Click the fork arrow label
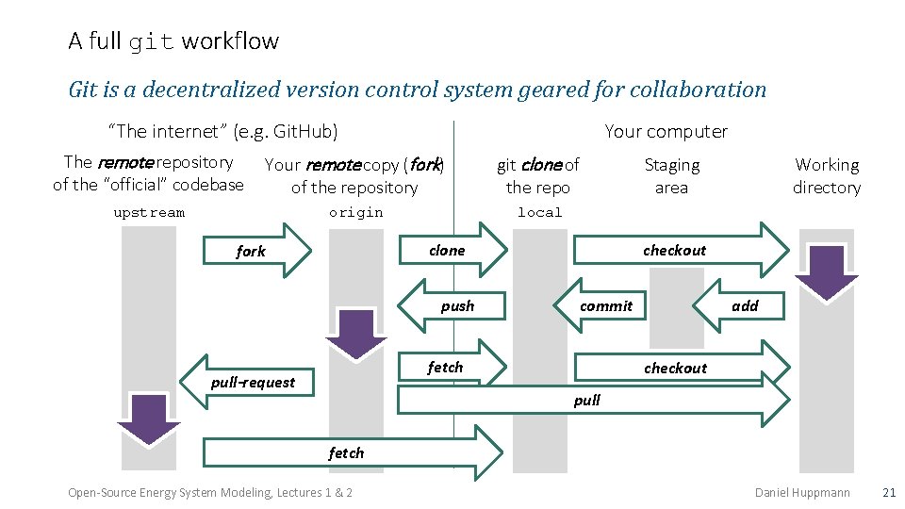251,252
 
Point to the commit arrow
606,305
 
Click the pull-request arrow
252,382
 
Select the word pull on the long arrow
586,401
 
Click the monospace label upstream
149,212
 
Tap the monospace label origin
355,212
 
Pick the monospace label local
539,212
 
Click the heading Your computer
666,131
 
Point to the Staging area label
671,176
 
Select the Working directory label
826,176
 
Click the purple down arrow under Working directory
827,271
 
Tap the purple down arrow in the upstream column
149,419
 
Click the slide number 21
888,492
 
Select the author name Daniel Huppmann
802,492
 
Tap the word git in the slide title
151,41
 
